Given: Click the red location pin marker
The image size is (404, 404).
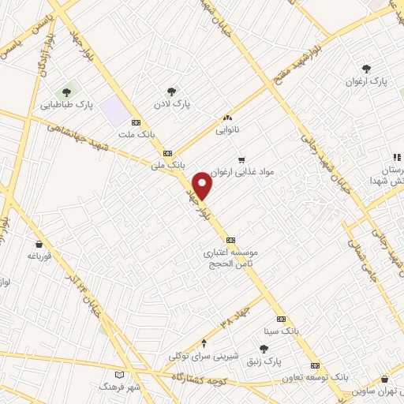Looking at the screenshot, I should (203, 186).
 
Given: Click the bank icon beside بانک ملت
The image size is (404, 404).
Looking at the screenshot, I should (136, 122).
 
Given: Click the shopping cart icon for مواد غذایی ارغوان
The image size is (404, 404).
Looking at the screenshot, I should (241, 159).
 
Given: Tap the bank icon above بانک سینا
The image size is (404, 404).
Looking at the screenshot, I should (280, 320).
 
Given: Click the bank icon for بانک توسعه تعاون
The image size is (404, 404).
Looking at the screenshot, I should (316, 366).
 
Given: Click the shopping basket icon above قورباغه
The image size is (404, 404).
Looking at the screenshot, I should (39, 244).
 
